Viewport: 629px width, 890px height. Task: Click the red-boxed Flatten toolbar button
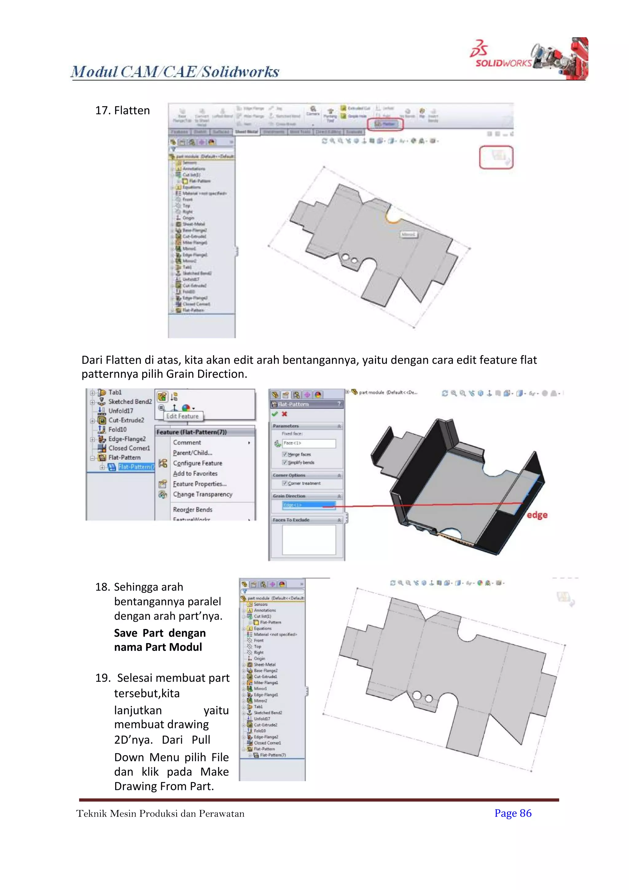click(x=385, y=124)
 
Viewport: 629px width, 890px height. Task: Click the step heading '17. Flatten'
click(x=123, y=110)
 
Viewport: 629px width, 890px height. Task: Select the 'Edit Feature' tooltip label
click(x=182, y=416)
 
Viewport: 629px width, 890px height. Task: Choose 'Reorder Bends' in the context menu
click(x=193, y=509)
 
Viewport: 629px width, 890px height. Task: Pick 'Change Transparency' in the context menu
click(x=203, y=494)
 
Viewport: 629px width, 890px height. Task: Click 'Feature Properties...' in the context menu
click(x=199, y=484)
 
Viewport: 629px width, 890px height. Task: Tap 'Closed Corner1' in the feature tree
click(x=129, y=448)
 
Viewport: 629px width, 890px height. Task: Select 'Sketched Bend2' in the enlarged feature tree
click(x=130, y=402)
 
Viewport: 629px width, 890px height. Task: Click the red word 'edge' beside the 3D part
click(x=537, y=515)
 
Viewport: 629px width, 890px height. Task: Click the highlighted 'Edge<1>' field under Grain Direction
click(x=309, y=505)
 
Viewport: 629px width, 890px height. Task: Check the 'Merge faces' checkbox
click(x=285, y=454)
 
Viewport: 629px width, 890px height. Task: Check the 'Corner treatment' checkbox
click(x=285, y=483)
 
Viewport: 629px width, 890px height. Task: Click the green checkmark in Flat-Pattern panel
click(x=275, y=414)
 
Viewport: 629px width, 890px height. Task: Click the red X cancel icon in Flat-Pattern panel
click(x=284, y=414)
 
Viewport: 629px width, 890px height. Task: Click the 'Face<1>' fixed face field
click(x=309, y=443)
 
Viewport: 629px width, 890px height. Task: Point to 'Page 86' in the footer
click(x=513, y=813)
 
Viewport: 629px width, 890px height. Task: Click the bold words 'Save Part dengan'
click(x=160, y=633)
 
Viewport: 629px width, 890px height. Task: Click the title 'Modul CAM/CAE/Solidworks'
click(x=175, y=72)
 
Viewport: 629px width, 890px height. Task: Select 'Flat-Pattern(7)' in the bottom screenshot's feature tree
click(x=273, y=755)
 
